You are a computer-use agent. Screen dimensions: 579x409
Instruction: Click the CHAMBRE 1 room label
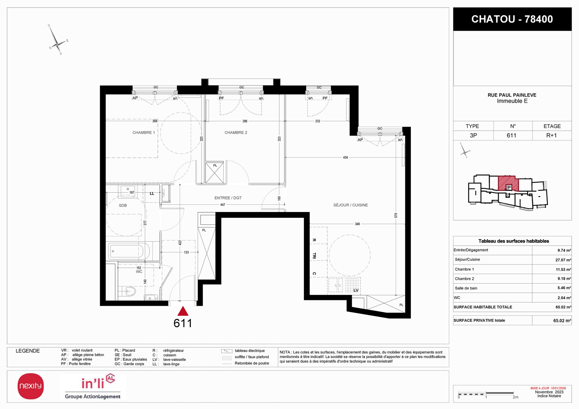point(143,133)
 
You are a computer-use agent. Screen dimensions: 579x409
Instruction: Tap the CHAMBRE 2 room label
point(236,133)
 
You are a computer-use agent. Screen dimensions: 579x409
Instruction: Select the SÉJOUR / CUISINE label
point(351,205)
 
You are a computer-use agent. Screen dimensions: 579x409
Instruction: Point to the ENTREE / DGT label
point(228,198)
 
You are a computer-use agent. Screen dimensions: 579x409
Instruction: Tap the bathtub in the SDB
point(129,251)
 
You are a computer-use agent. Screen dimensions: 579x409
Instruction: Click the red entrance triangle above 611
point(183,311)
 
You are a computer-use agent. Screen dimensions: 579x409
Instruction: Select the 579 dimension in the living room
point(396,216)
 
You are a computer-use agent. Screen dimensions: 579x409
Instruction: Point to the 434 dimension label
point(345,158)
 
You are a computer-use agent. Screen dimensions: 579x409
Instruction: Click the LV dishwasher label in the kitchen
point(356,290)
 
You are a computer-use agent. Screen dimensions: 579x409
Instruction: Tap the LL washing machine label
point(152,193)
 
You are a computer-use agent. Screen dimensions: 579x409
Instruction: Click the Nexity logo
point(31,386)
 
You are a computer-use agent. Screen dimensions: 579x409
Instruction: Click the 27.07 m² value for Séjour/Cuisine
point(563,260)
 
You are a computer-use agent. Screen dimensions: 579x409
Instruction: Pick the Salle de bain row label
point(466,288)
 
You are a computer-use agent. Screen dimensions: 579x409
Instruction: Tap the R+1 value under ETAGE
point(551,135)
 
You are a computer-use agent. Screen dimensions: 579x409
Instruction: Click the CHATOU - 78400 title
point(512,19)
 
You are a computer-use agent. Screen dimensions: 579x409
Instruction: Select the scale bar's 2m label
point(516,397)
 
